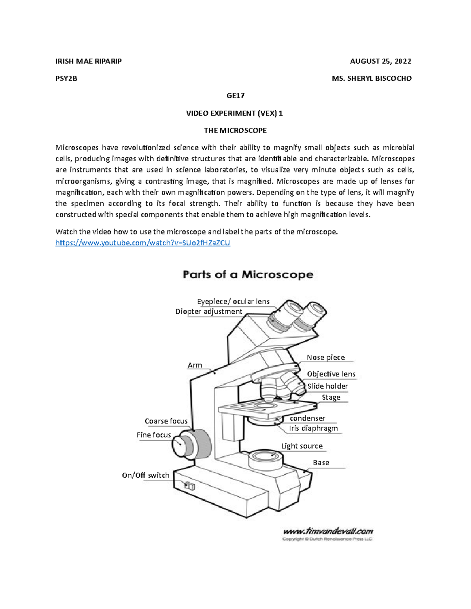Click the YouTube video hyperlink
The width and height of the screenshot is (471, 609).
pyautogui.click(x=142, y=243)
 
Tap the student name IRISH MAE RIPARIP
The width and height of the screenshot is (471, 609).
pyautogui.click(x=88, y=61)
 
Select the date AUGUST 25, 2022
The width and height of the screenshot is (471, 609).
pyautogui.click(x=380, y=61)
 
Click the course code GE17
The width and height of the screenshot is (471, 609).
pyautogui.click(x=235, y=95)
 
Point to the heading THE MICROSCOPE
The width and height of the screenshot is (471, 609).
pyautogui.click(x=235, y=130)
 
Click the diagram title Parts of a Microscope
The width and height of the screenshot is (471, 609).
pyautogui.click(x=248, y=274)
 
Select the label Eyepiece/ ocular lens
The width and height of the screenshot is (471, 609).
pyautogui.click(x=233, y=301)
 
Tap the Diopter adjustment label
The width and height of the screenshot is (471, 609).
pyautogui.click(x=209, y=311)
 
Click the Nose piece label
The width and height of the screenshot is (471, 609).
pyautogui.click(x=326, y=357)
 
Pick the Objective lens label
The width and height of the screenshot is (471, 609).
pyautogui.click(x=331, y=374)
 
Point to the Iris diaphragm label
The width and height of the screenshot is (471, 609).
pyautogui.click(x=313, y=428)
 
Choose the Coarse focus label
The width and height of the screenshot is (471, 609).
pyautogui.click(x=166, y=421)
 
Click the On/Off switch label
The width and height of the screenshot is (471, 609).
pyautogui.click(x=146, y=475)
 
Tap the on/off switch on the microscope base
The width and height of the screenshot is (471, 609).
pyautogui.click(x=190, y=486)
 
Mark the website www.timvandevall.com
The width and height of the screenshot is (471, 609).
pyautogui.click(x=328, y=531)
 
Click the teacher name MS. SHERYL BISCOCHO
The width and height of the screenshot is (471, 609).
pyautogui.click(x=372, y=78)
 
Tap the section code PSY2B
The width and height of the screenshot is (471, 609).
pyautogui.click(x=66, y=78)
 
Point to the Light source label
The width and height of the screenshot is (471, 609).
pyautogui.click(x=302, y=446)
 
